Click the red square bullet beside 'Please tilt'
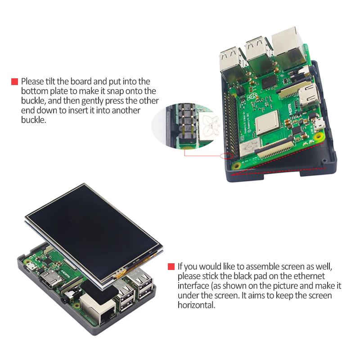pyautogui.click(x=14, y=82)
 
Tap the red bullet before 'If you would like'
pyautogui.click(x=171, y=266)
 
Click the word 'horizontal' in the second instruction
pyautogui.click(x=197, y=305)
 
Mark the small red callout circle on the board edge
pyautogui.click(x=226, y=156)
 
